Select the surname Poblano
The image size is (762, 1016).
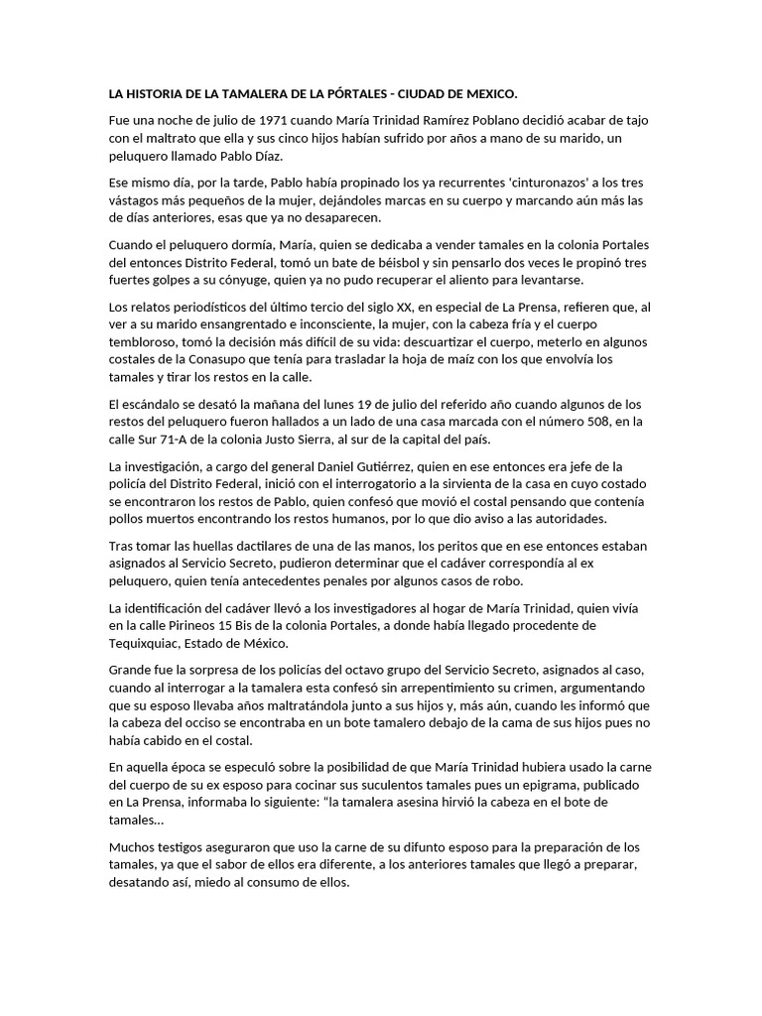pos(478,120)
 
